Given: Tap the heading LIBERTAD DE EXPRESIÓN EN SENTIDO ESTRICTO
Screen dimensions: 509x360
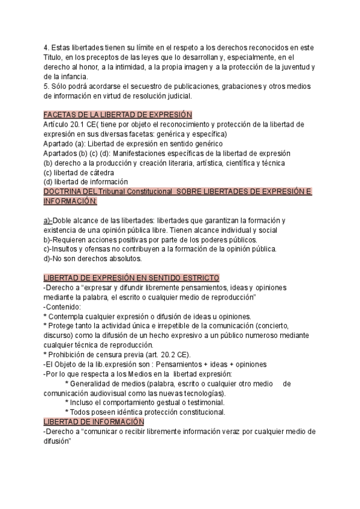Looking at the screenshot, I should pyautogui.click(x=131, y=278).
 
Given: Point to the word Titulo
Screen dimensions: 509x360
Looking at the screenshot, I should pyautogui.click(x=54, y=58).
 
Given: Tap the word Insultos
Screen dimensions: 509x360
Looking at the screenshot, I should pyautogui.click(x=65, y=249).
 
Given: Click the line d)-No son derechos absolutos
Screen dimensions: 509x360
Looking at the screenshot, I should pyautogui.click(x=92, y=259).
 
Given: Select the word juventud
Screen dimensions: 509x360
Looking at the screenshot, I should pyautogui.click(x=295, y=67).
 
